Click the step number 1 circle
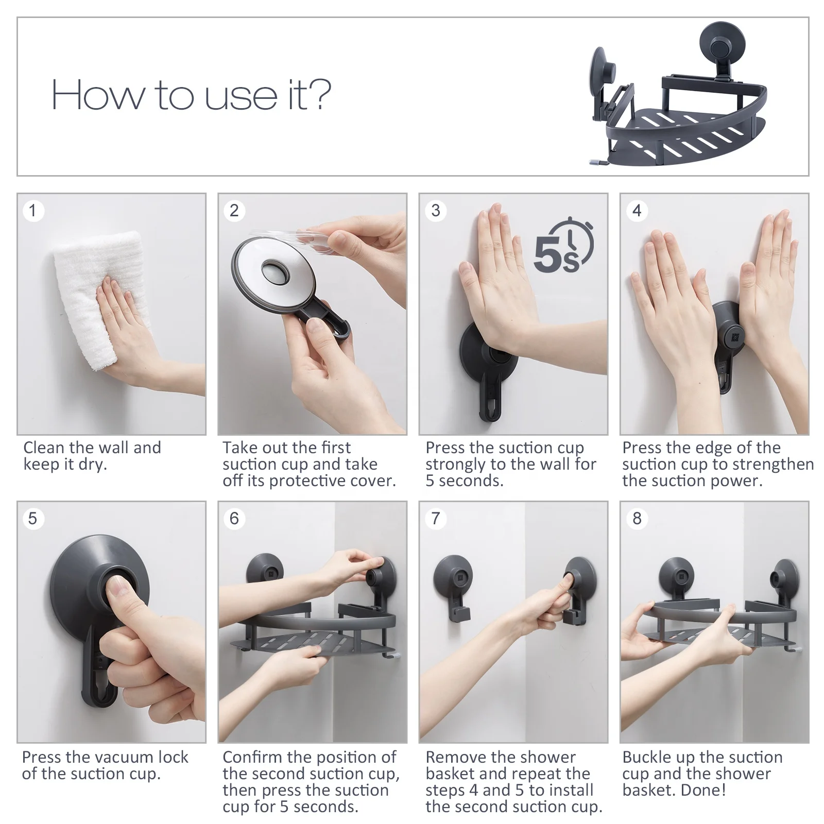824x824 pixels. pos(33,211)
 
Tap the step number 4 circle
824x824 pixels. pos(637,211)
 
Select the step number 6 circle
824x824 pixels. pos(234,519)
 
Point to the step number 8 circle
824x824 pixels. pos(637,519)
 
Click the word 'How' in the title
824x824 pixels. pos(98,95)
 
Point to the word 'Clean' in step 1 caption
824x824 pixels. pos(43,448)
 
